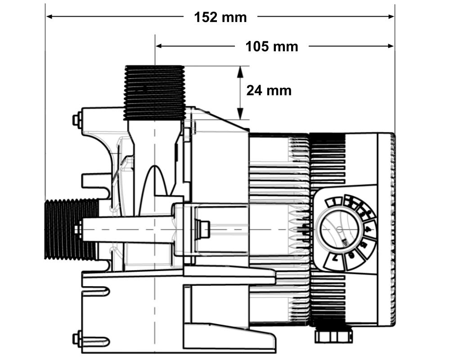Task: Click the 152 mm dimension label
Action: click(220, 17)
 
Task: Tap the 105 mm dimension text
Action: click(271, 46)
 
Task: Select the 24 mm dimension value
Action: click(269, 90)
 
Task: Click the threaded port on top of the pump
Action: click(154, 92)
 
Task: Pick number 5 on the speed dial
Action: click(362, 246)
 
